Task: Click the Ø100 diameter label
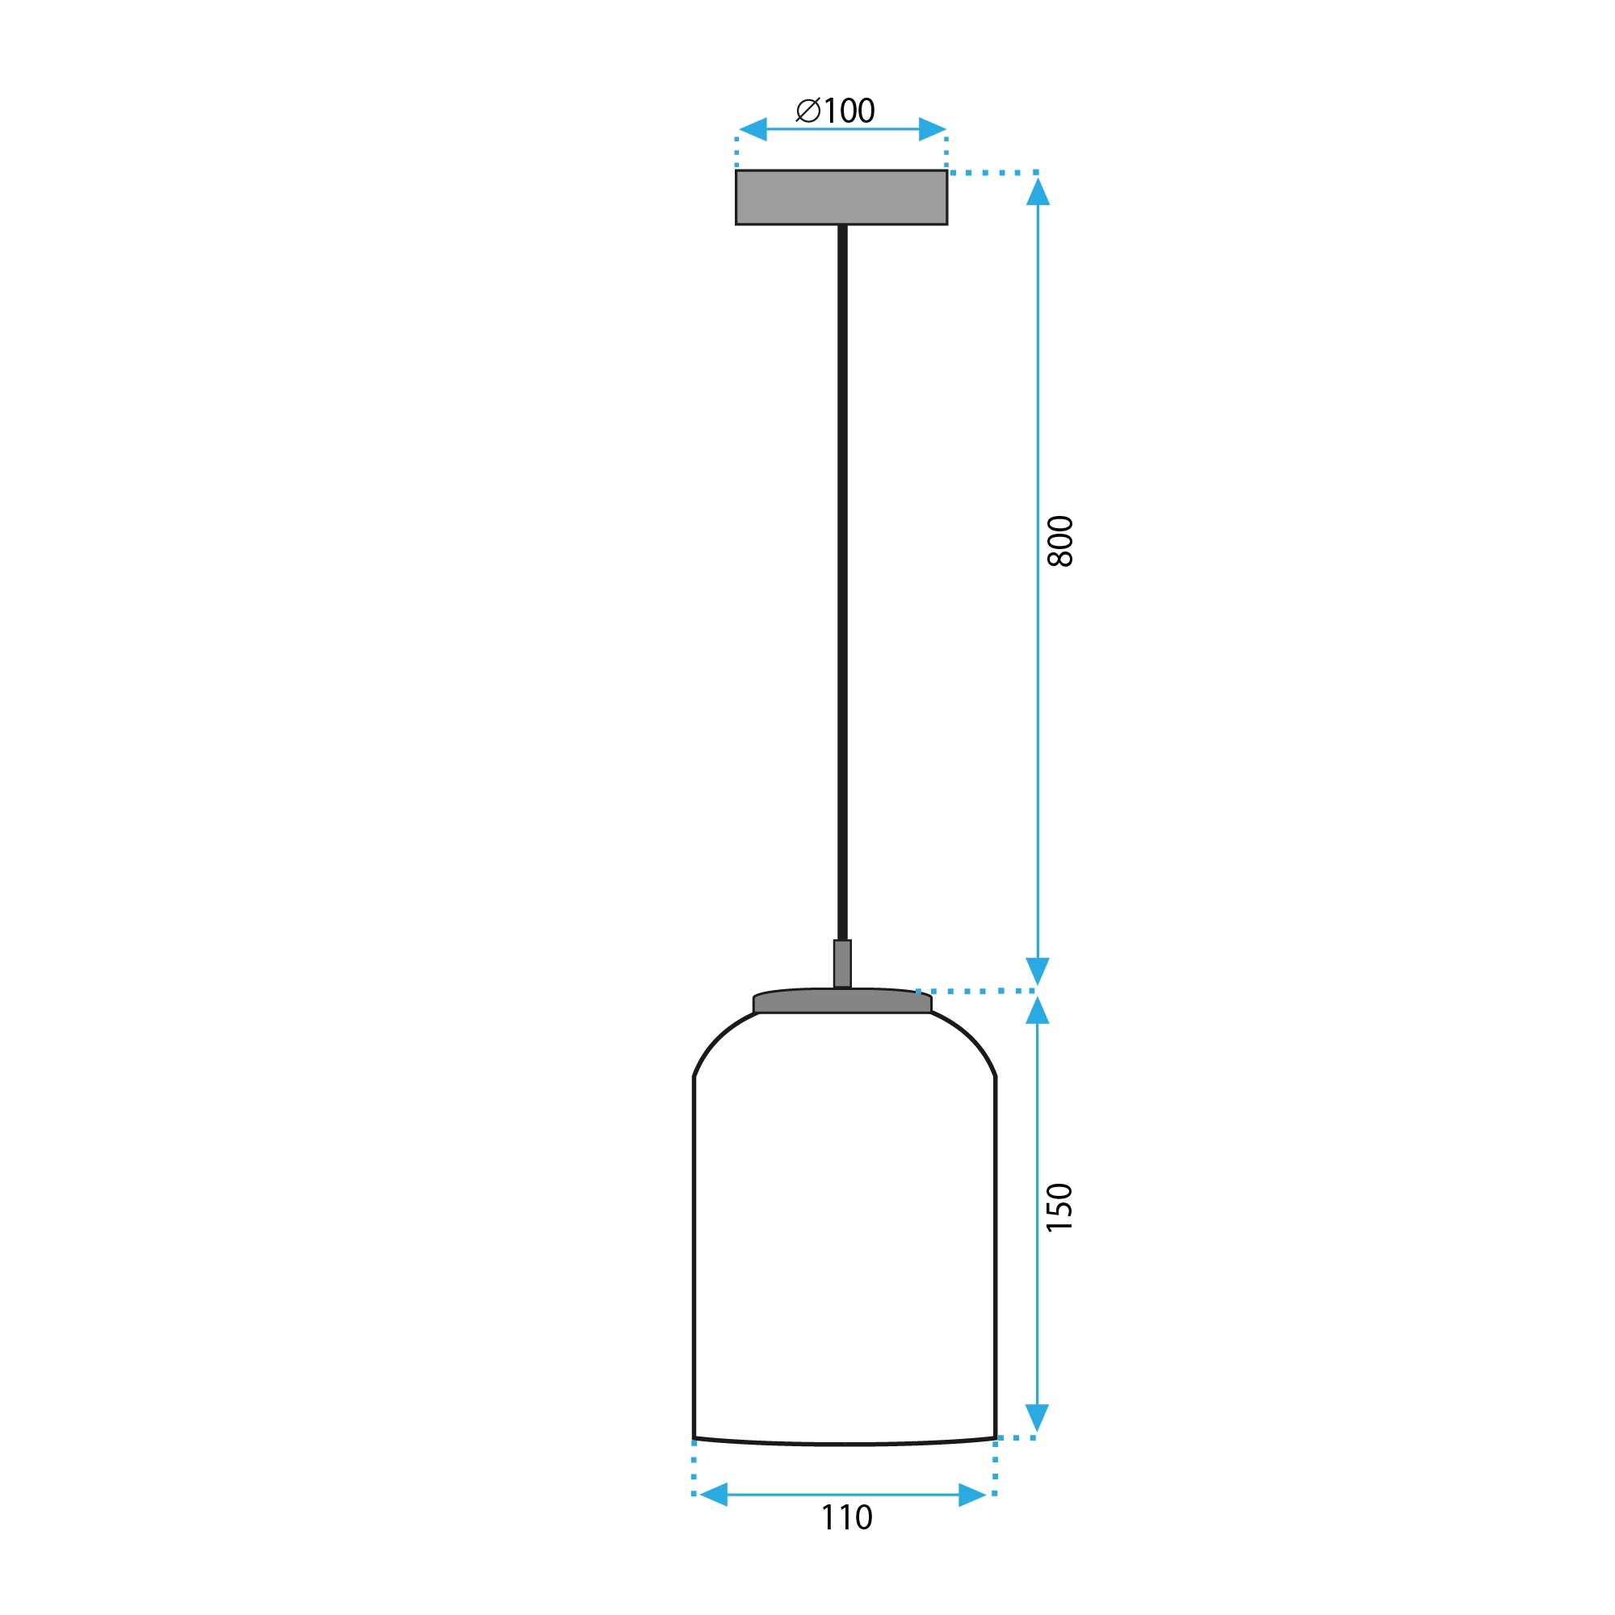point(836,111)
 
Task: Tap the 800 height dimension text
point(1060,541)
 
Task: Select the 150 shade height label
point(1059,1207)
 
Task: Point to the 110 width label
point(847,1517)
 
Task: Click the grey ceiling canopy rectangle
point(841,197)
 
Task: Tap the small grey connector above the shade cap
point(842,963)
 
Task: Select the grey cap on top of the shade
point(841,1000)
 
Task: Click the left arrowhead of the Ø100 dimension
point(753,129)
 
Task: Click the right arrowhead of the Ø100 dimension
point(931,129)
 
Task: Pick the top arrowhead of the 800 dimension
point(1038,191)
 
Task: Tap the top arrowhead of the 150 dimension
point(1038,1011)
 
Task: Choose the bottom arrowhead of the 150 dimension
point(1038,1418)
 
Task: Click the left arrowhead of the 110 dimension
point(714,1495)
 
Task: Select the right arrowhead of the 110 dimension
point(972,1495)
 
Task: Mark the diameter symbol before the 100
point(808,111)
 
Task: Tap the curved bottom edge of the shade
point(845,1444)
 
